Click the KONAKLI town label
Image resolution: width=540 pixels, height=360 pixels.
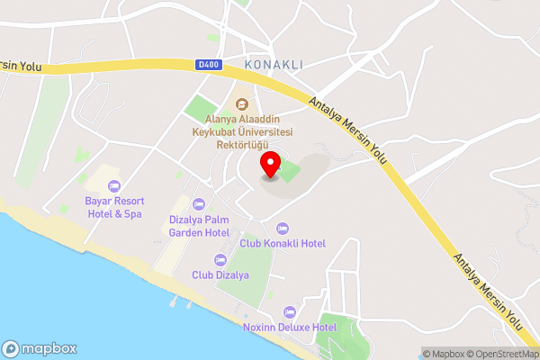tap(273, 65)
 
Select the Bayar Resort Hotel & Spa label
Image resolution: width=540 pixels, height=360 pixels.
tap(114, 207)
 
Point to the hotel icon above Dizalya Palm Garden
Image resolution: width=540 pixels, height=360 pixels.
tap(199, 203)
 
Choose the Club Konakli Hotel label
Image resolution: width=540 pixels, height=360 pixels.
tap(283, 243)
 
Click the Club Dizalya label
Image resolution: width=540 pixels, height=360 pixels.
tap(220, 274)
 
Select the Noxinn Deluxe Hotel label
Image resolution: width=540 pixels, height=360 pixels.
tap(290, 328)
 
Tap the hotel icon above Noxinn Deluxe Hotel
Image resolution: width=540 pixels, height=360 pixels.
tap(289, 311)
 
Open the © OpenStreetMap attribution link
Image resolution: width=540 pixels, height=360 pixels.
tap(499, 354)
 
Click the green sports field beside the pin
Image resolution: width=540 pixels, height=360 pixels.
tap(289, 169)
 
